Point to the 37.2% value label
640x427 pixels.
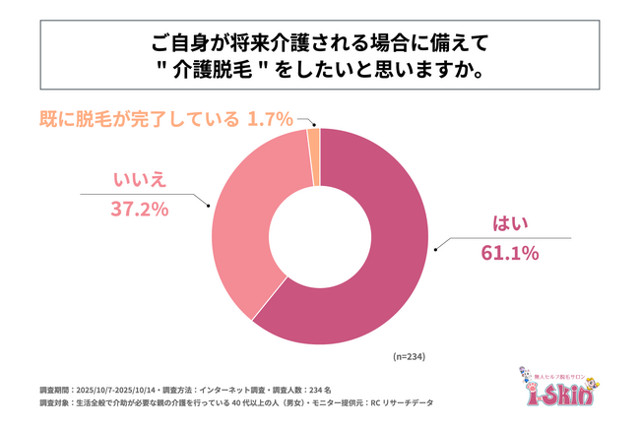click(139, 209)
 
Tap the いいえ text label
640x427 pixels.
click(139, 180)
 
